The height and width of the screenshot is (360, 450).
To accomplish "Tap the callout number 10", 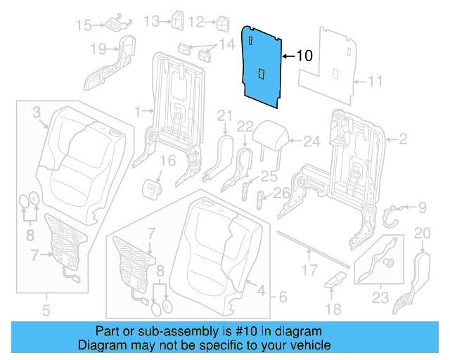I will tap(303, 55).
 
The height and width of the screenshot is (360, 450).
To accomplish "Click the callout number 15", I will tap(84, 25).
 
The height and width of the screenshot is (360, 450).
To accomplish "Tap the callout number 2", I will tap(403, 140).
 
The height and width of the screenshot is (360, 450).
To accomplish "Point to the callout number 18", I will tap(333, 309).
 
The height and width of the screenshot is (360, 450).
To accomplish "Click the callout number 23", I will tap(380, 298).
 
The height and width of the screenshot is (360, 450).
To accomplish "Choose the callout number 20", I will tap(422, 233).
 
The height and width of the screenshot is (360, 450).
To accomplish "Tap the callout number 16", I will tap(166, 162).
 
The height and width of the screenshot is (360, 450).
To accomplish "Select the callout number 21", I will tap(224, 115).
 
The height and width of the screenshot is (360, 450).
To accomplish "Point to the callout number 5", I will tap(46, 309).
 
